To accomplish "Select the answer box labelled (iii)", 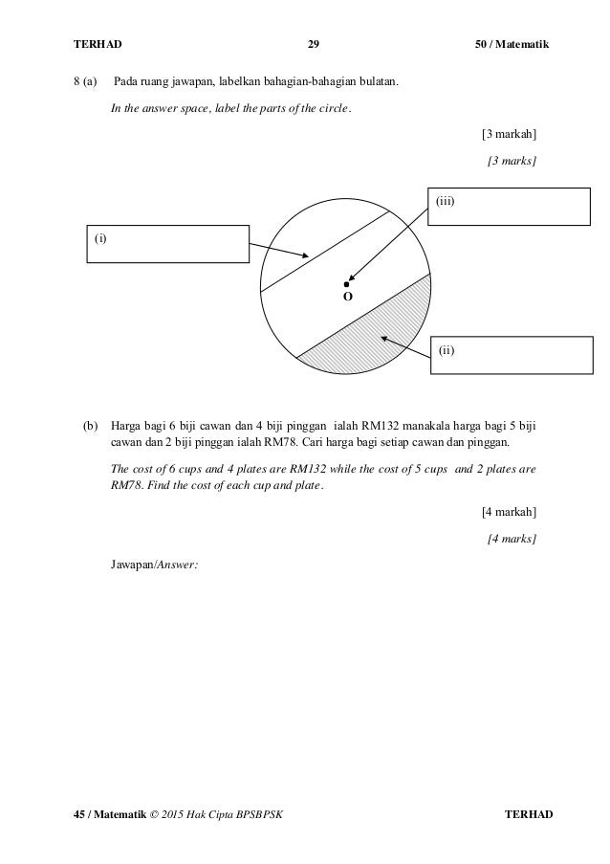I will tap(508, 207).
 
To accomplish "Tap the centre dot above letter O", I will tap(347, 284).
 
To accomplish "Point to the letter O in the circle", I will tap(347, 299).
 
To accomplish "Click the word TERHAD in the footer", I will tap(528, 814).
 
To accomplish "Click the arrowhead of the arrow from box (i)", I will tap(305, 256).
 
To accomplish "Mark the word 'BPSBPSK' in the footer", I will tap(260, 814).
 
